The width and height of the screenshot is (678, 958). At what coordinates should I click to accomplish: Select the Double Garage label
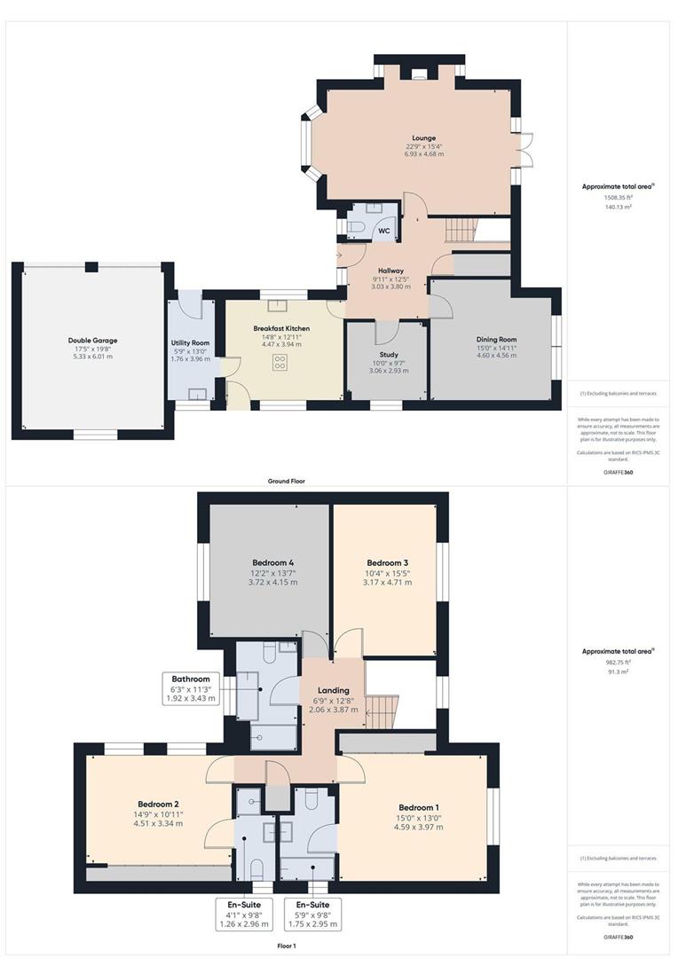tap(92, 340)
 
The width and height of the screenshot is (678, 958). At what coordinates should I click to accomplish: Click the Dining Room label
tap(497, 340)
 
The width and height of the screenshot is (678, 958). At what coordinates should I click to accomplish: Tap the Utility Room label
tap(190, 342)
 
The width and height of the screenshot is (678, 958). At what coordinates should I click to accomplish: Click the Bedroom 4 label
tap(272, 563)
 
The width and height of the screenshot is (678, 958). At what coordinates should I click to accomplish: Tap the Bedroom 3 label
tap(388, 563)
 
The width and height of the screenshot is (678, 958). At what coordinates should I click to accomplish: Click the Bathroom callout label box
tap(191, 688)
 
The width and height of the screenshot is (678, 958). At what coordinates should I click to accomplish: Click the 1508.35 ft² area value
tap(617, 197)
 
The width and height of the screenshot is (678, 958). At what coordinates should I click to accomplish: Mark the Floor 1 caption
tap(287, 946)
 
